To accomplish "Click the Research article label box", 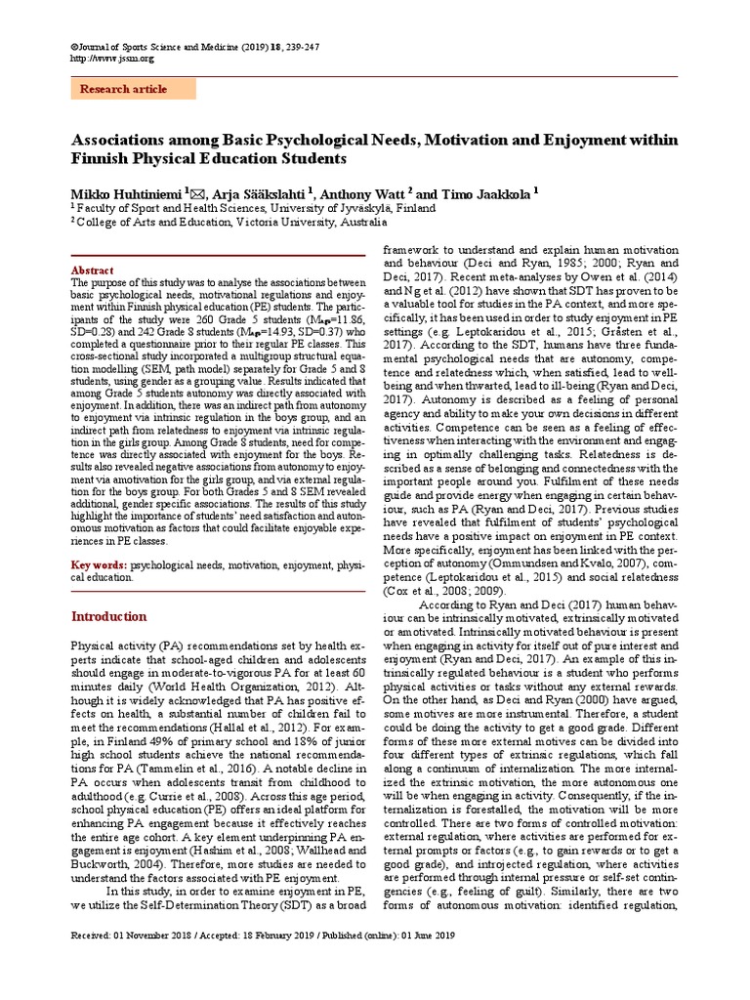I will [134, 89].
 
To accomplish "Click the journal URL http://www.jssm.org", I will [113, 58].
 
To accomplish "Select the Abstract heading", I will [93, 271].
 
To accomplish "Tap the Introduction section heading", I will [110, 616].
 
